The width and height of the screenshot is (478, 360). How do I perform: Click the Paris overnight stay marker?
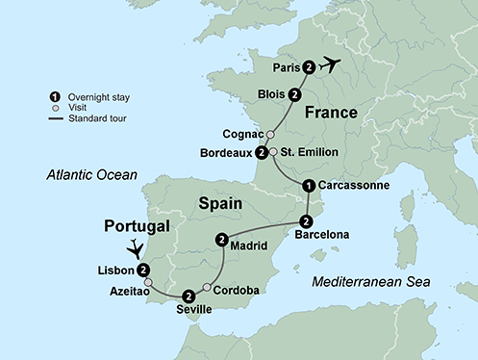coord(308,67)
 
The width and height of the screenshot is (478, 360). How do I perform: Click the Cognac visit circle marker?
coord(270,135)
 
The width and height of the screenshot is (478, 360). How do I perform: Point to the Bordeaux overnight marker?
coord(261,152)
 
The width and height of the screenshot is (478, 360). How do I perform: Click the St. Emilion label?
coord(308,152)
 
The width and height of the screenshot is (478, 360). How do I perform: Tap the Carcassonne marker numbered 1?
coord(308,186)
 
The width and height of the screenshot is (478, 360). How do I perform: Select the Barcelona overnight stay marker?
coord(308,221)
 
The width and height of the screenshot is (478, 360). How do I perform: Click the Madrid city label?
coord(249,244)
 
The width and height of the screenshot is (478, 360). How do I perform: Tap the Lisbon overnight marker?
coord(142,270)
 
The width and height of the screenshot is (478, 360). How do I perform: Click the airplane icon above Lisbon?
coord(136,246)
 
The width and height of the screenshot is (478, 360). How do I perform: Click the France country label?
coord(332,113)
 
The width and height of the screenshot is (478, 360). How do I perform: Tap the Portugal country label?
coord(137,226)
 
